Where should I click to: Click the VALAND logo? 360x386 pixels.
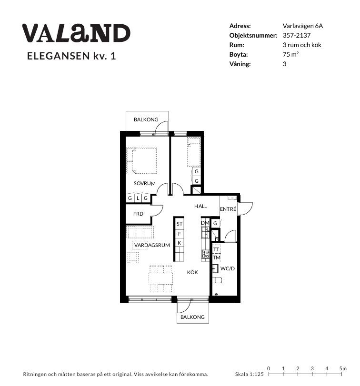coord(76,33)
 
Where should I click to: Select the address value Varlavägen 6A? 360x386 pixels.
coord(303,26)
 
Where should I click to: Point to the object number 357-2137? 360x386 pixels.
coord(297,35)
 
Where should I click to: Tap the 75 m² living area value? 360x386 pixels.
coord(290,54)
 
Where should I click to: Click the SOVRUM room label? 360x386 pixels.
coord(145,183)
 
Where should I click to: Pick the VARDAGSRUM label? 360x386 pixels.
coord(152,245)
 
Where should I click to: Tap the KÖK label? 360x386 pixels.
coord(192,272)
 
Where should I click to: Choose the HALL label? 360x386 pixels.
coord(200,206)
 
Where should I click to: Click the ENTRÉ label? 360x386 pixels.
coord(228,209)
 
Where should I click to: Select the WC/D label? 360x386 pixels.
coord(228,268)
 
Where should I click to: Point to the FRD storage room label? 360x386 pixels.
coord(138,214)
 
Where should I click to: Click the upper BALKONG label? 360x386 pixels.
coord(146,119)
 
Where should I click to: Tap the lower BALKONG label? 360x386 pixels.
coord(192,317)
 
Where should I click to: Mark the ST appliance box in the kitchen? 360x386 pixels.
coord(179,224)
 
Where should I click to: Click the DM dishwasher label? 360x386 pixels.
coord(205,223)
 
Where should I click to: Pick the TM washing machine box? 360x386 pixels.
coord(216,258)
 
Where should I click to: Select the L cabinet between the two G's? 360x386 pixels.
coord(138,198)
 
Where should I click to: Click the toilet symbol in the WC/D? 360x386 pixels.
coord(217,280)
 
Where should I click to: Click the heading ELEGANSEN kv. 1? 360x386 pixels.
coord(71,56)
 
